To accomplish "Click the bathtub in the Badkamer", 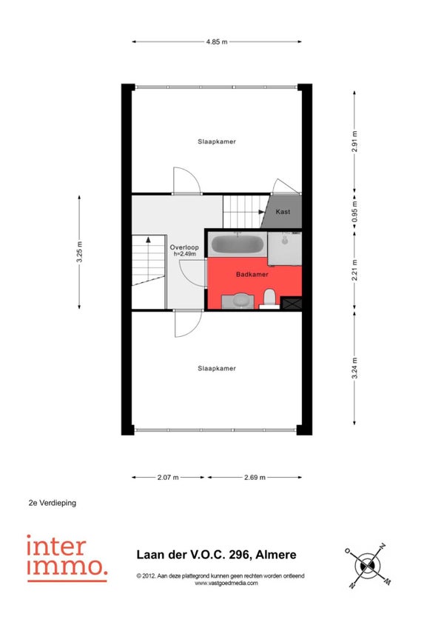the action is pos(237,244).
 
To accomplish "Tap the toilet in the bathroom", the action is pos(269,299).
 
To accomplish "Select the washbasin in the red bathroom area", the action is pos(238,301).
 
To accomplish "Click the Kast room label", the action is pos(283,212).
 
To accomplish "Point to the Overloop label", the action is pos(184,247).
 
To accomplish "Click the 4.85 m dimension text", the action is pos(217,41).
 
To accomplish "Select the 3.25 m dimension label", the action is pos(79,253).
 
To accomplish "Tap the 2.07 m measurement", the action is pos(168,478).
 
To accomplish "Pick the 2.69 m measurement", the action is pos(255,478).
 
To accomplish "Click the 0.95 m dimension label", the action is pos(354,212).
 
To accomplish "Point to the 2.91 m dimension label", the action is pos(354,141).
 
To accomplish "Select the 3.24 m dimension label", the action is pos(354,368).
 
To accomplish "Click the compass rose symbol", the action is pos(368,566).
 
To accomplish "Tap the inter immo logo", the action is pos(67,558).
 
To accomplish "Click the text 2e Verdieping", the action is pos(53,503).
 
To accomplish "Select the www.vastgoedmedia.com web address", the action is pos(226,583).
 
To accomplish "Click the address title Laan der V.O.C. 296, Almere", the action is pos(217,555).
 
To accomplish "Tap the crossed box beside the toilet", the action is pos(292,303).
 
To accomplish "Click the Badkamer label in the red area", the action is pos(252,274).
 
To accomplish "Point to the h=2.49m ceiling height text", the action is pos(184,254).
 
